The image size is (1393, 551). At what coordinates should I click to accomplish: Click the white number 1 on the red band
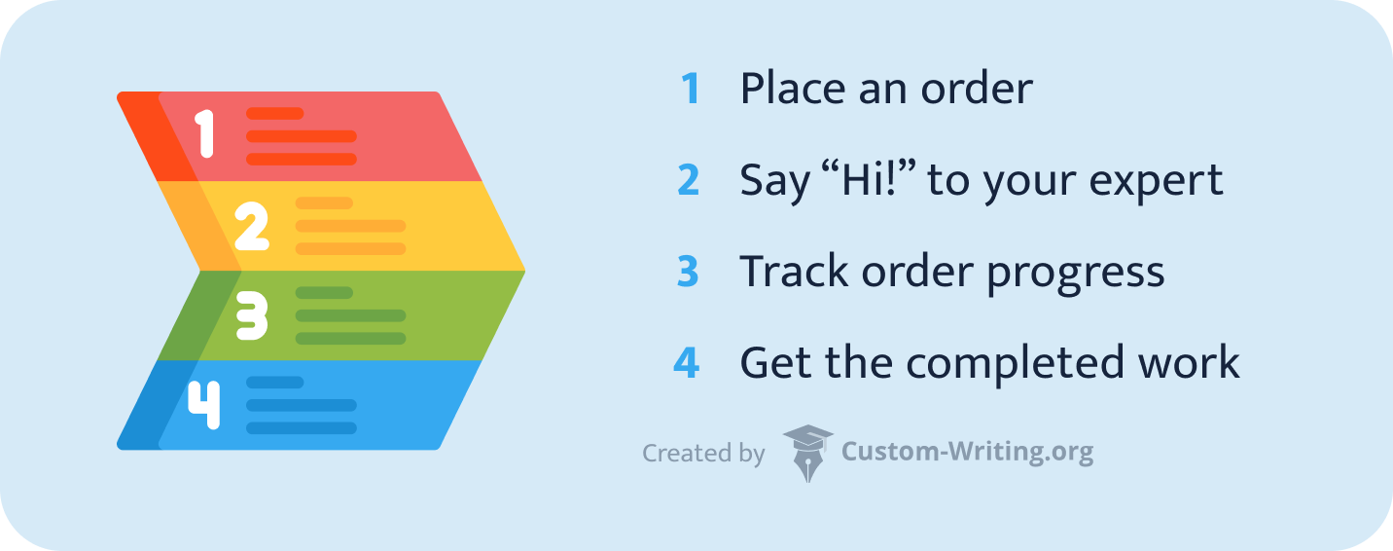(x=204, y=134)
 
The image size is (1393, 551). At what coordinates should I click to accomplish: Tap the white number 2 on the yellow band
(x=252, y=226)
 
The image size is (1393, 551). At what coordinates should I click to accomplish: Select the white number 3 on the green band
(x=252, y=315)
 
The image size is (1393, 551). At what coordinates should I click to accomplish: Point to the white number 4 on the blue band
(x=204, y=405)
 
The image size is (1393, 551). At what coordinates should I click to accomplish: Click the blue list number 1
(x=691, y=89)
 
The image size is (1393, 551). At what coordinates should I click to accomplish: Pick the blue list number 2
(x=689, y=180)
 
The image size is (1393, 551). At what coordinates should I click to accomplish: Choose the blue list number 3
(x=688, y=272)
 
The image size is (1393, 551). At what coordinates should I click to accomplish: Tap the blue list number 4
(x=687, y=362)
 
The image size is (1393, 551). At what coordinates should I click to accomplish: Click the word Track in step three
(x=794, y=271)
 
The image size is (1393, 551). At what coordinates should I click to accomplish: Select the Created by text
(x=703, y=454)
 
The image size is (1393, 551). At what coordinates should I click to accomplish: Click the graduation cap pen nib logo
(x=807, y=454)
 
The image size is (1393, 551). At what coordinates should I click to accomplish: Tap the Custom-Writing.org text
(x=967, y=452)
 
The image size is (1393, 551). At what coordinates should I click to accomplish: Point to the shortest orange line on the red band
(x=275, y=113)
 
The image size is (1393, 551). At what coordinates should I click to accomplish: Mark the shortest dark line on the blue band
(x=275, y=383)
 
